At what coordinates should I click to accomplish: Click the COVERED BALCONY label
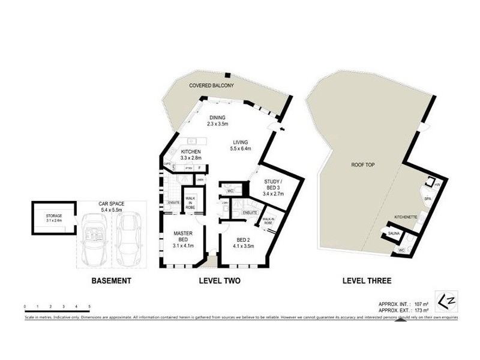[211, 86]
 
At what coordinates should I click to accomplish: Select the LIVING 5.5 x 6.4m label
[241, 145]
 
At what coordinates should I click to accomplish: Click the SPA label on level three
[428, 197]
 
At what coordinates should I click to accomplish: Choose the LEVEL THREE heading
[366, 280]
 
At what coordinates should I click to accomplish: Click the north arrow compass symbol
[442, 298]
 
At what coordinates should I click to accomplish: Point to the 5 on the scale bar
[89, 307]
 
